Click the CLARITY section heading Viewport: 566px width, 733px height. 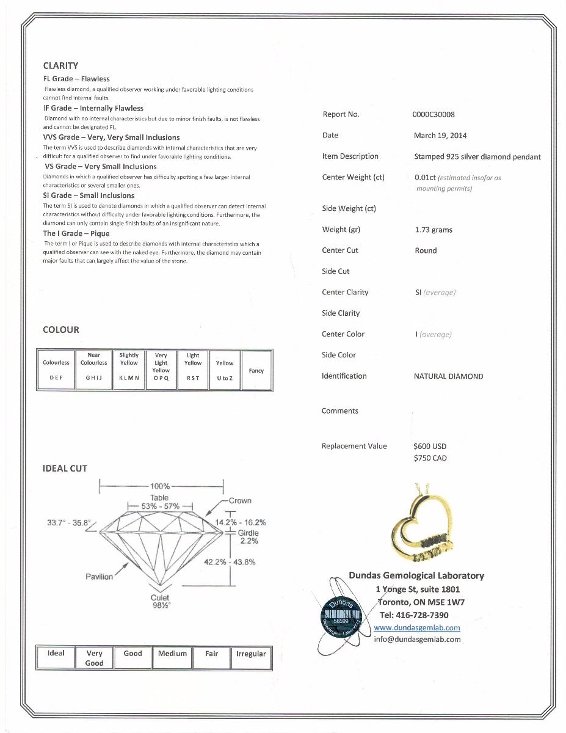click(60, 66)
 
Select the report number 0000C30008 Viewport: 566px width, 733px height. click(434, 114)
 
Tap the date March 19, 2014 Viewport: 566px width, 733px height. click(440, 136)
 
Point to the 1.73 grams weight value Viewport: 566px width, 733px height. click(434, 230)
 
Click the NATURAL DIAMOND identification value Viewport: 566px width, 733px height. click(448, 376)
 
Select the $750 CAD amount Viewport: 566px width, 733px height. click(430, 458)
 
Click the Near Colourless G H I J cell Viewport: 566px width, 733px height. click(93, 370)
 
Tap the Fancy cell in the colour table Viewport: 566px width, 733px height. click(256, 371)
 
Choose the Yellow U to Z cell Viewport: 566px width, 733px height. click(225, 370)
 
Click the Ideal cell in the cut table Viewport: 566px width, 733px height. click(56, 654)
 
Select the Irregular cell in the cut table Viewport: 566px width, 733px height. click(251, 654)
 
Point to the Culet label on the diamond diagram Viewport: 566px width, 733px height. click(160, 597)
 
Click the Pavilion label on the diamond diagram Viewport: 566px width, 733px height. click(100, 577)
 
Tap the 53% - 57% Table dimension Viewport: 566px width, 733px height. click(159, 506)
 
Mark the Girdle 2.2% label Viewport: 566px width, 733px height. click(249, 536)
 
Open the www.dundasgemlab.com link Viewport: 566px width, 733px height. click(417, 627)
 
